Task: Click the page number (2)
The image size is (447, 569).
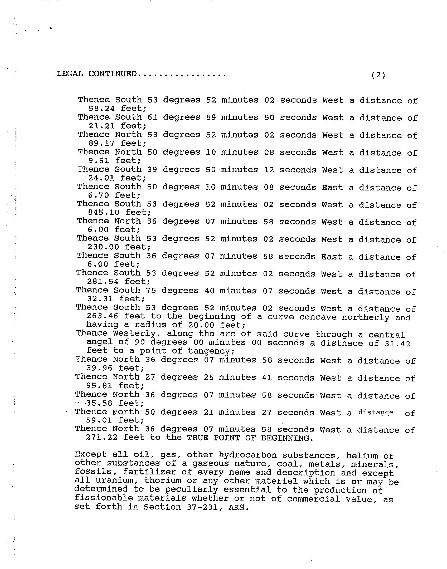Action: tap(378, 75)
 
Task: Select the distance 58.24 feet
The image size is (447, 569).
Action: tap(101, 109)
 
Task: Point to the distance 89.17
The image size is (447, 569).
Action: tap(101, 143)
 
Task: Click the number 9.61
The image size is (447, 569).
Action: tap(99, 160)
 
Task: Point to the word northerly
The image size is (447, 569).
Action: tap(365, 317)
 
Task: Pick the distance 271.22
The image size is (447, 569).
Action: tap(102, 438)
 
